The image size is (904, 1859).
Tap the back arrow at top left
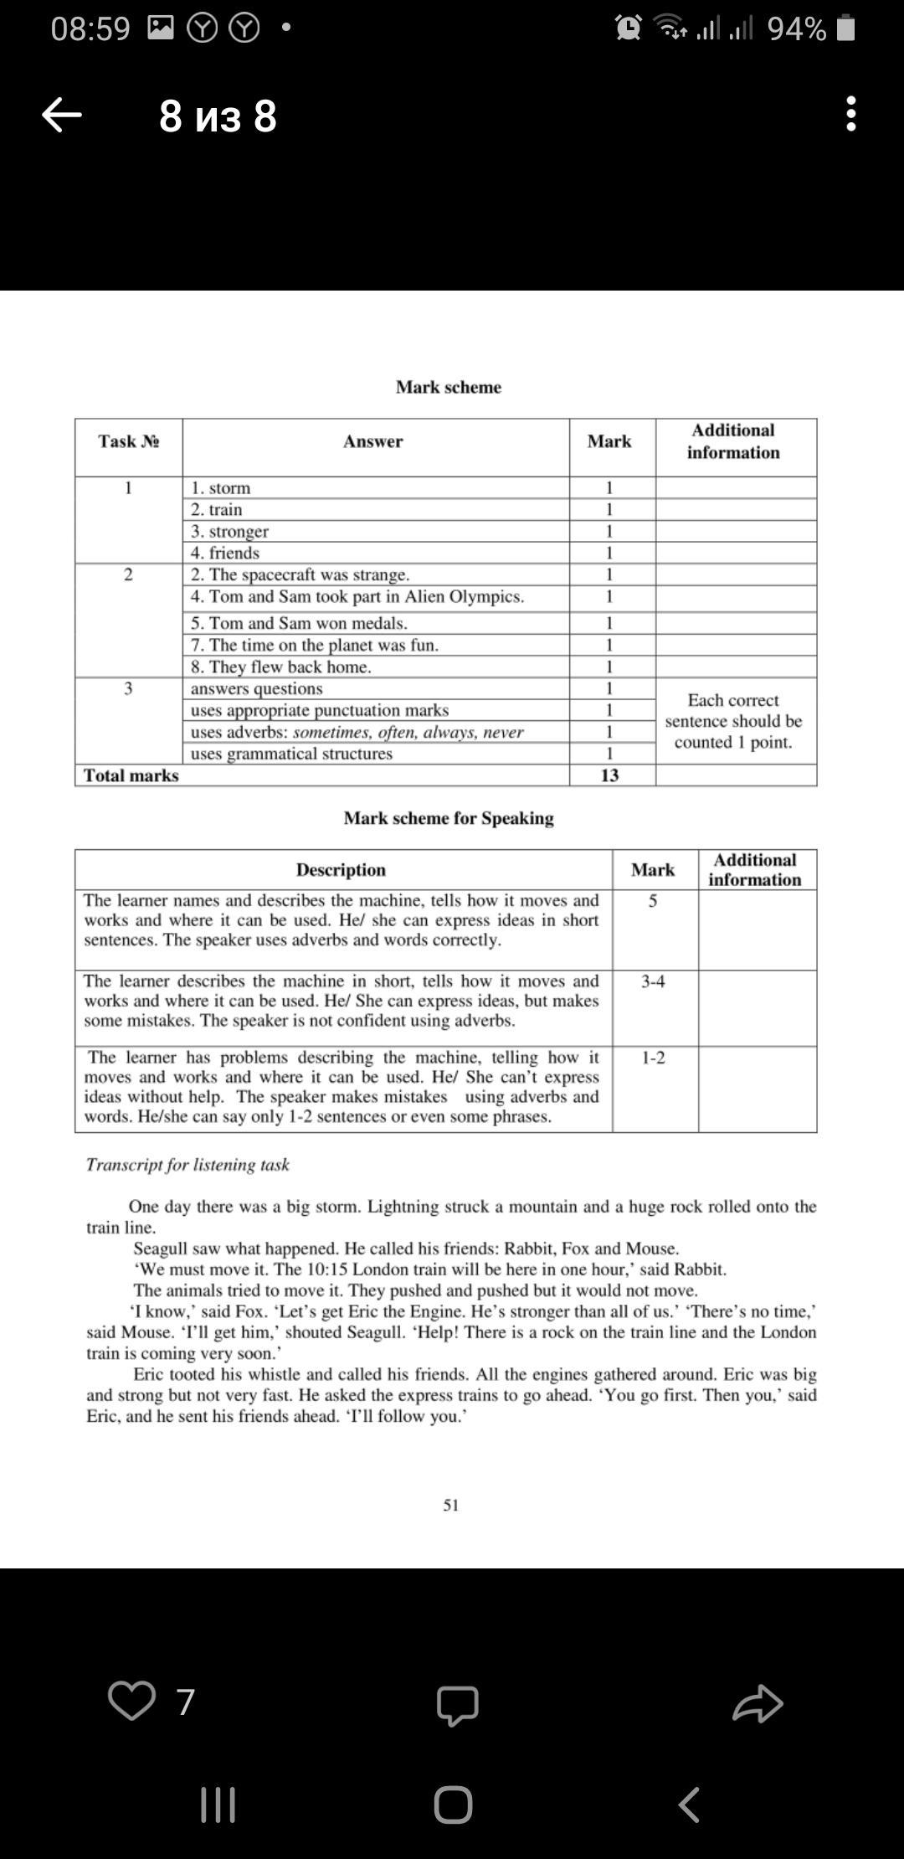click(62, 115)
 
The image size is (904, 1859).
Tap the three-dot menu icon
click(850, 114)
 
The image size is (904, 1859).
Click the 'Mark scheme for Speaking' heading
click(449, 818)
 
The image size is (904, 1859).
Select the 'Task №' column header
click(129, 441)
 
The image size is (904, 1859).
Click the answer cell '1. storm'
click(221, 488)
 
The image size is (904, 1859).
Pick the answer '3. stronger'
click(230, 532)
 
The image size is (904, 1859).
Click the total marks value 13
click(609, 775)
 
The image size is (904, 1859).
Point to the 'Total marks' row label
click(131, 775)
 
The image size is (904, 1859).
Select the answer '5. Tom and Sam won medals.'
click(299, 623)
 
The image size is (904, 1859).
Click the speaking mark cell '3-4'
click(654, 981)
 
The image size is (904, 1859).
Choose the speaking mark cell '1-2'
click(654, 1058)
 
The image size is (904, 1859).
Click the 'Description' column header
click(341, 870)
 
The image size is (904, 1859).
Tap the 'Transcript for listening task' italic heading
click(187, 1165)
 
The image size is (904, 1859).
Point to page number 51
click(451, 1505)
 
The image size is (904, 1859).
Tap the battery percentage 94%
click(797, 29)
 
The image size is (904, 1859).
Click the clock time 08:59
click(90, 29)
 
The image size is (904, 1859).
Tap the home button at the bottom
click(453, 1805)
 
